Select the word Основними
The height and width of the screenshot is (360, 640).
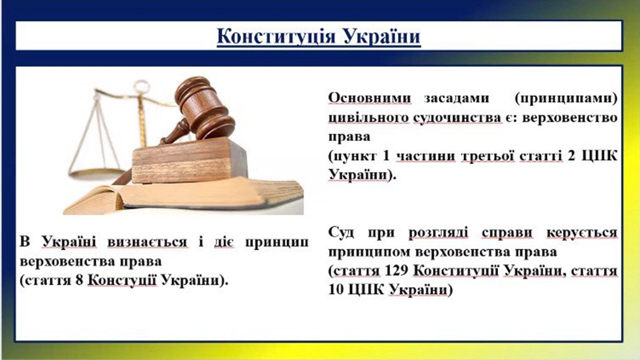pyautogui.click(x=369, y=97)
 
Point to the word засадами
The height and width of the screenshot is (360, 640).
pyautogui.click(x=456, y=97)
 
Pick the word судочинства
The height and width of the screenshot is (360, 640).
pyautogui.click(x=457, y=118)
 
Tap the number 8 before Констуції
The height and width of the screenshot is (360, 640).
pyautogui.click(x=79, y=280)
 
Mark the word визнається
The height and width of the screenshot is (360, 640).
pyautogui.click(x=147, y=242)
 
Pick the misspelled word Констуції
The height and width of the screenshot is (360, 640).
pyautogui.click(x=122, y=280)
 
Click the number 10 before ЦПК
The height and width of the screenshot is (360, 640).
pyautogui.click(x=336, y=289)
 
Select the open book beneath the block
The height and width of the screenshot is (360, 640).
pyautogui.click(x=183, y=196)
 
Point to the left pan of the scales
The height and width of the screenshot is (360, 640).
pyautogui.click(x=97, y=174)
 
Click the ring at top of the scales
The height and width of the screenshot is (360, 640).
pyautogui.click(x=141, y=86)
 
